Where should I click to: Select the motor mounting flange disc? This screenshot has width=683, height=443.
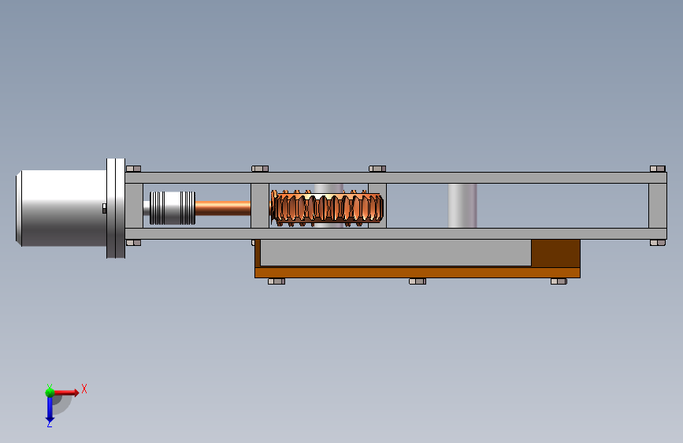pyautogui.click(x=116, y=208)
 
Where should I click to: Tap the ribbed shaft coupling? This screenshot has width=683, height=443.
pyautogui.click(x=173, y=208)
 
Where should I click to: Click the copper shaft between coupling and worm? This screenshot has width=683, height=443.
pyautogui.click(x=223, y=208)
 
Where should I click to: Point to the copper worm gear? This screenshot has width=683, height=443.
pyautogui.click(x=327, y=208)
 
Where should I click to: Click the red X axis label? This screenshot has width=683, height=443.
pyautogui.click(x=84, y=389)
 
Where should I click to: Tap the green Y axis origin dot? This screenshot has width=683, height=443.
pyautogui.click(x=50, y=392)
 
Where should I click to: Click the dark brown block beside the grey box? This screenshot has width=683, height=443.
pyautogui.click(x=555, y=253)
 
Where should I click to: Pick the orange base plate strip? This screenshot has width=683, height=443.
pyautogui.click(x=418, y=273)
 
